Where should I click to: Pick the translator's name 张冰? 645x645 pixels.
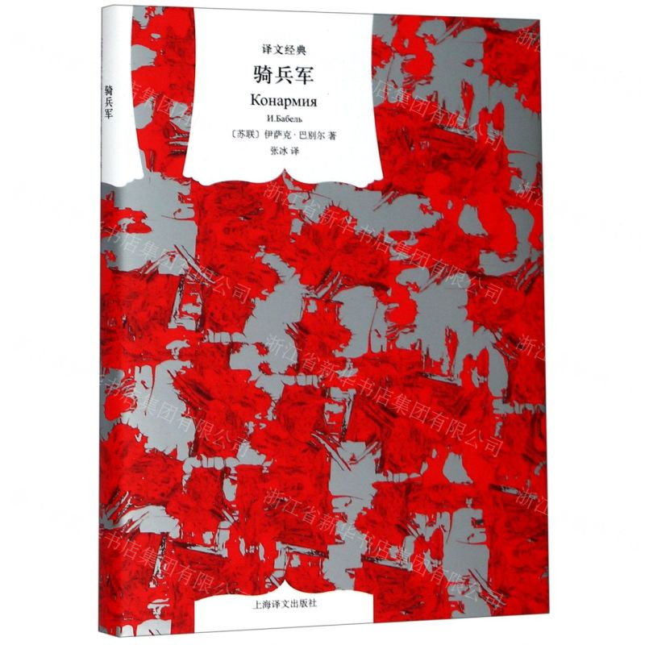pos(275,157)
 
